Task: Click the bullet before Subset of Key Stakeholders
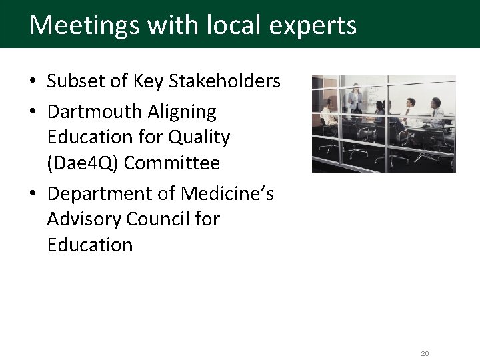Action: tap(33, 82)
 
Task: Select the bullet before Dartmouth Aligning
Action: tap(33, 111)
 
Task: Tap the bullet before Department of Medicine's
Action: tap(33, 193)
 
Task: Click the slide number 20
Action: tap(425, 353)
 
